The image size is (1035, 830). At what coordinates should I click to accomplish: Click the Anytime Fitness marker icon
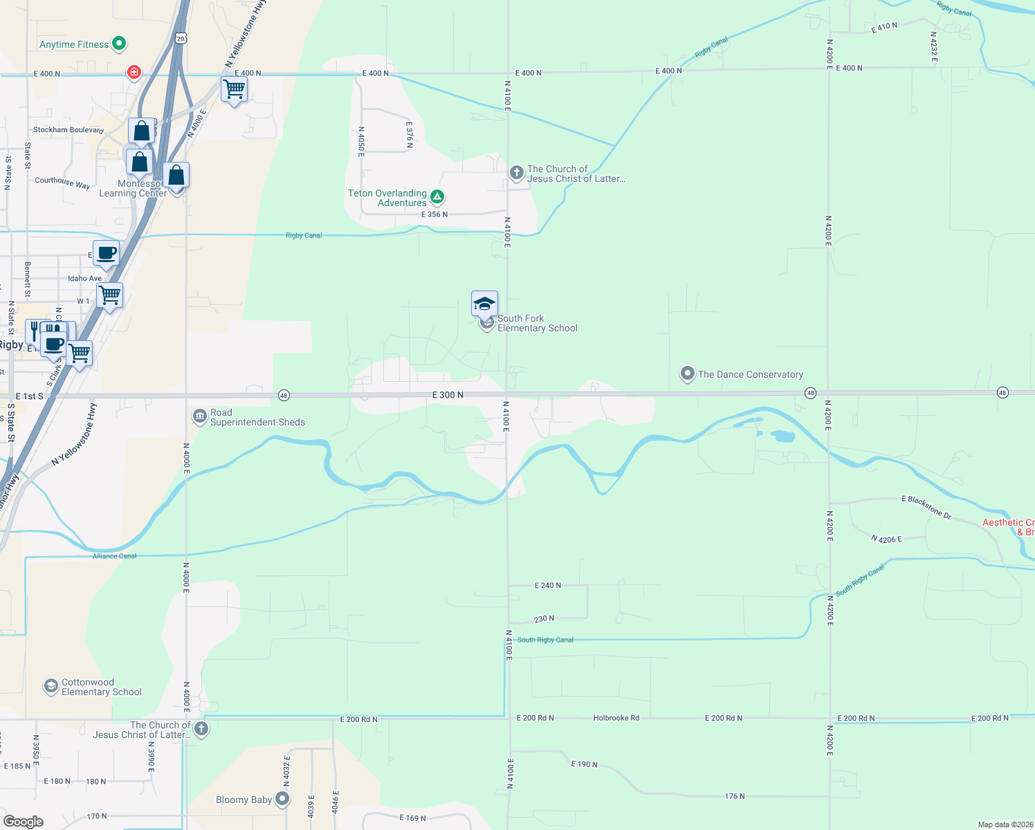119,44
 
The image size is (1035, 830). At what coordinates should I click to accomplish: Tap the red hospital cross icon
134,72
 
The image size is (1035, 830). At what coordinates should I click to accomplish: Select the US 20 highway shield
181,39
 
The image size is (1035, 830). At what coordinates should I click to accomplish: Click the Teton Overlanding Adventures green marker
437,197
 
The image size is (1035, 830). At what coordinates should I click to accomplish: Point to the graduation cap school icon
484,304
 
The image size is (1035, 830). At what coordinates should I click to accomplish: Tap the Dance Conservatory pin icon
687,374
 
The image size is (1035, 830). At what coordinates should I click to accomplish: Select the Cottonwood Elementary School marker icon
51,686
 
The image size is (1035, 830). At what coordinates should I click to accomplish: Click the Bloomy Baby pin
282,800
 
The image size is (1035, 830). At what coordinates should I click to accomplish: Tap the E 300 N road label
448,395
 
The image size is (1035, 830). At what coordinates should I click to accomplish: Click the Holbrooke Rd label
616,718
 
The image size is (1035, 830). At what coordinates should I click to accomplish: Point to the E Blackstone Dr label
926,507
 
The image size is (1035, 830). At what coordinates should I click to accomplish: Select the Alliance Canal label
115,556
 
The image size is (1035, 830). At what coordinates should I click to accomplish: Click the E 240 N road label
548,586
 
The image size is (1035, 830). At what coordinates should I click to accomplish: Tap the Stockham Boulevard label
68,130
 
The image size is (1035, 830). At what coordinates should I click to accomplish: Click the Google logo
24,822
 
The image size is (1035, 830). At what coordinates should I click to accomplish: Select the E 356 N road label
434,214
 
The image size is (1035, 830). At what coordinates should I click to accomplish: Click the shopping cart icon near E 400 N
235,89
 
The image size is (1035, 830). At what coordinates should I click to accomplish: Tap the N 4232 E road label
933,46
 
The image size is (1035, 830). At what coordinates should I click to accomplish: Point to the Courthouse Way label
62,182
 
